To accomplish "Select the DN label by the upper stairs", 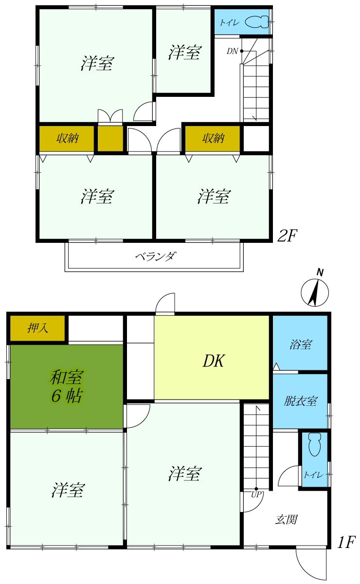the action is click(x=232, y=51).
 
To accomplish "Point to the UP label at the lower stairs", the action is click(x=256, y=494).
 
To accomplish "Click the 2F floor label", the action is click(x=287, y=236).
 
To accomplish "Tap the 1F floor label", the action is click(x=346, y=542).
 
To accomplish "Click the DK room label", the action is click(x=213, y=361).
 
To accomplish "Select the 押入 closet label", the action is click(x=38, y=328).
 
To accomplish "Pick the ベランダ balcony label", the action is click(x=156, y=256).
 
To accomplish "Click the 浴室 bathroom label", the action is click(x=300, y=345).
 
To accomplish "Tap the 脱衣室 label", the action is click(x=300, y=401).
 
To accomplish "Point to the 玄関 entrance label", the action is click(x=286, y=520).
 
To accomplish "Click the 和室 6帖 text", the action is click(x=67, y=386).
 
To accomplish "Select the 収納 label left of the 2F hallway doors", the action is click(x=67, y=138).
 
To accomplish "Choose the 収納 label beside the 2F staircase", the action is click(x=213, y=138).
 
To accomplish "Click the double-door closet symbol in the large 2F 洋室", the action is click(x=110, y=116).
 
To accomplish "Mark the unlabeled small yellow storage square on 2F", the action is click(x=110, y=138).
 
